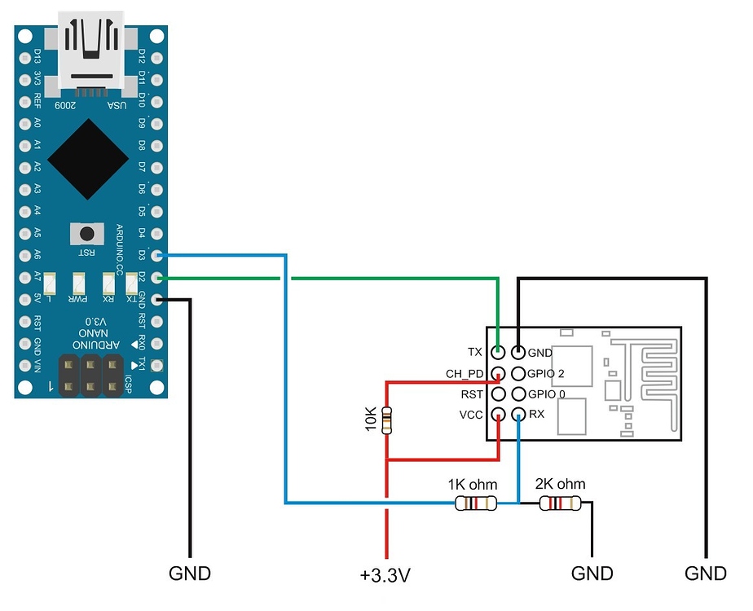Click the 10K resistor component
click(387, 420)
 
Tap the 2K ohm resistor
click(561, 503)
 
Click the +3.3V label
click(385, 576)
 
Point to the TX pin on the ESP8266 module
click(497, 353)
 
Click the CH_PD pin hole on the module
click(497, 374)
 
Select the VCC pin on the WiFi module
click(497, 415)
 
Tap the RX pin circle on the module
click(517, 415)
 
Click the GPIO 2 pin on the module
click(517, 374)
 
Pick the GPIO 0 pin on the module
click(517, 394)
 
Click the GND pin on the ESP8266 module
click(517, 353)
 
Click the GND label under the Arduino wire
click(190, 573)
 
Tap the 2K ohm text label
click(560, 484)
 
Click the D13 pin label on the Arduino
click(37, 57)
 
